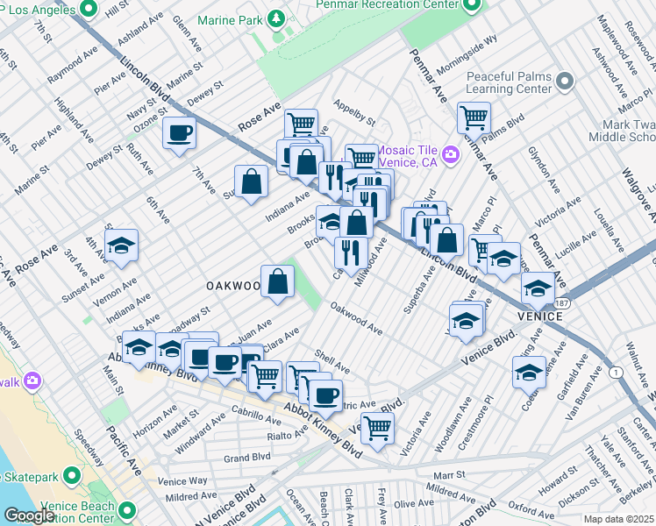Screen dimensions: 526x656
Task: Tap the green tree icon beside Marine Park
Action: click(x=276, y=18)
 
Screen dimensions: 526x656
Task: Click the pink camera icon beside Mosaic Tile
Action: click(x=451, y=155)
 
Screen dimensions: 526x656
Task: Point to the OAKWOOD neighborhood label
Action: click(x=233, y=286)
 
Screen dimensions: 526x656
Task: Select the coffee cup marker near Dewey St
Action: click(x=180, y=133)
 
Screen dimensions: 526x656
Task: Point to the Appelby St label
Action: click(x=354, y=112)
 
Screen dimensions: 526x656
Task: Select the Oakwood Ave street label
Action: click(x=356, y=319)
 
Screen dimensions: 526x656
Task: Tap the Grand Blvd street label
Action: click(x=247, y=458)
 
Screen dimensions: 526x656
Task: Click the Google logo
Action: click(x=29, y=515)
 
